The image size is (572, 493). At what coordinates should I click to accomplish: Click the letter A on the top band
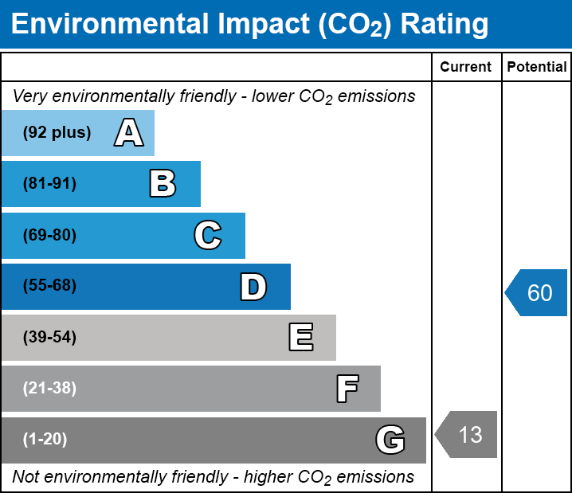pyautogui.click(x=129, y=132)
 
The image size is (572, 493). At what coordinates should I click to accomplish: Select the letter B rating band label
pyautogui.click(x=163, y=183)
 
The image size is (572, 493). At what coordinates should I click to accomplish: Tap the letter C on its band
pyautogui.click(x=208, y=235)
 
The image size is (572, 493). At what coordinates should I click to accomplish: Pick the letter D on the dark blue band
pyautogui.click(x=253, y=287)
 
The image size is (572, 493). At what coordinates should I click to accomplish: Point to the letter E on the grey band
pyautogui.click(x=301, y=337)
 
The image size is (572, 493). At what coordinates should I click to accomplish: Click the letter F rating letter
pyautogui.click(x=347, y=389)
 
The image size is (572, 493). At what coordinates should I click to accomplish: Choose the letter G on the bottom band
pyautogui.click(x=390, y=440)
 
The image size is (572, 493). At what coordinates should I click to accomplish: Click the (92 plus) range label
pyautogui.click(x=57, y=132)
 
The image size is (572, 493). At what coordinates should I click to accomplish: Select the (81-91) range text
pyautogui.click(x=49, y=183)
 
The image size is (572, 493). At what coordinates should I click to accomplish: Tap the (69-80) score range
pyautogui.click(x=49, y=235)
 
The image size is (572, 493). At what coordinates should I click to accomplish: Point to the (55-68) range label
pyautogui.click(x=49, y=285)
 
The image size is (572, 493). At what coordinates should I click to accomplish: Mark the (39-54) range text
pyautogui.click(x=49, y=337)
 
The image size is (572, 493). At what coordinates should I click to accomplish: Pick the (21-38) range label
pyautogui.click(x=49, y=388)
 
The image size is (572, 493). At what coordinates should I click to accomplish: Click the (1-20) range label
pyautogui.click(x=45, y=439)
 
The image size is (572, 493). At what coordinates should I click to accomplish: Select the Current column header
pyautogui.click(x=465, y=67)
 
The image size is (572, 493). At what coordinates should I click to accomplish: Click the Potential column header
pyautogui.click(x=537, y=67)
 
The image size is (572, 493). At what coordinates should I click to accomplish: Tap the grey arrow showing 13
pyautogui.click(x=466, y=434)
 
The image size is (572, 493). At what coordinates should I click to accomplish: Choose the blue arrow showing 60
pyautogui.click(x=536, y=292)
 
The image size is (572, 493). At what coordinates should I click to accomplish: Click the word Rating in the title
pyautogui.click(x=445, y=25)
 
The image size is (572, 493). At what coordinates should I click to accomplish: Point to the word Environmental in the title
pyautogui.click(x=109, y=24)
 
